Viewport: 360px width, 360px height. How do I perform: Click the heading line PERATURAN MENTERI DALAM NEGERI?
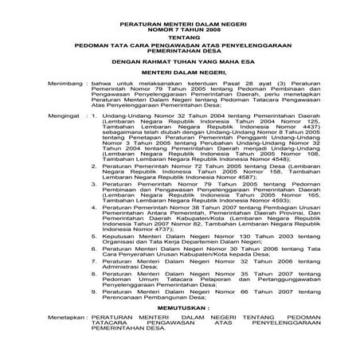coord(180,14)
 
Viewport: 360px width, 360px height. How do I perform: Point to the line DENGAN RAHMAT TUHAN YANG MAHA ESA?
coord(180,59)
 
